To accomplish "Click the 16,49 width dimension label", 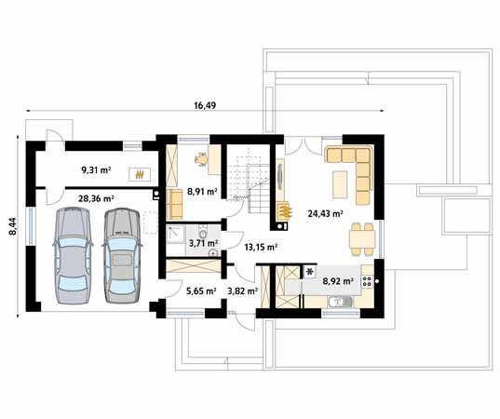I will (x=206, y=106).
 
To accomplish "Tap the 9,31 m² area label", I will (x=96, y=170).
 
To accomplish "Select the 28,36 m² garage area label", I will (x=96, y=198).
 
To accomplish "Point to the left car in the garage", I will (x=74, y=255).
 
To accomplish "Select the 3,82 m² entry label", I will (x=242, y=291).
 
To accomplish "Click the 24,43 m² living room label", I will (x=325, y=212).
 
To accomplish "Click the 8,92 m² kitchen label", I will (x=337, y=279).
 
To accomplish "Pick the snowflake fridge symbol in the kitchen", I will (x=309, y=273).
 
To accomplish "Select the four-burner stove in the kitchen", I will (x=367, y=278).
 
